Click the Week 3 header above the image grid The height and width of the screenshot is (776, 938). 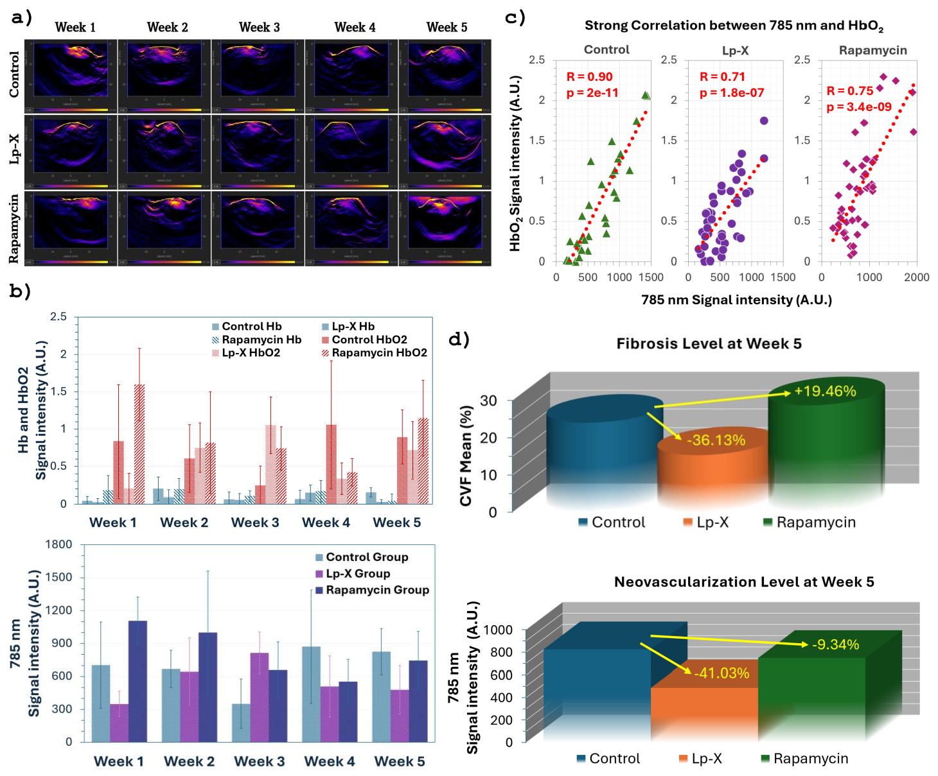(260, 27)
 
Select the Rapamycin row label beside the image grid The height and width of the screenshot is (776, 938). (14, 229)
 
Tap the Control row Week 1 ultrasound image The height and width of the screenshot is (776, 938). (75, 75)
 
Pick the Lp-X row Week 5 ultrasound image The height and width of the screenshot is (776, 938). (445, 151)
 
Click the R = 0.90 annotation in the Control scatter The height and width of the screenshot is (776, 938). (589, 77)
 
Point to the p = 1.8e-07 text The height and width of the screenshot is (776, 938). (732, 93)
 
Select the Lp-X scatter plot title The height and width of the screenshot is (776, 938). (735, 50)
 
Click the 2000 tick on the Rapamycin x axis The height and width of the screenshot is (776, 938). (917, 277)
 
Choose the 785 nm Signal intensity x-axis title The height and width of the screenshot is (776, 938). (736, 300)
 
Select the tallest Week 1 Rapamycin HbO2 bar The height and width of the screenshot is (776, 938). (139, 444)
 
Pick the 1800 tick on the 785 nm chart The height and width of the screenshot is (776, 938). (58, 544)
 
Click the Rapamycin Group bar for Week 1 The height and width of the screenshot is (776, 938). (137, 681)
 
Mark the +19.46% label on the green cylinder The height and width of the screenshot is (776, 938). (825, 391)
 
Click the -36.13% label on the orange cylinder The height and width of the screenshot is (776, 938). (716, 440)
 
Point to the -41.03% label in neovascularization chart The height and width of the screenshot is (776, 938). (721, 673)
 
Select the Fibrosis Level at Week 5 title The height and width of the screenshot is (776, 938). (709, 344)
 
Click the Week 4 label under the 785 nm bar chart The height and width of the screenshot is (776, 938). (330, 761)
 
